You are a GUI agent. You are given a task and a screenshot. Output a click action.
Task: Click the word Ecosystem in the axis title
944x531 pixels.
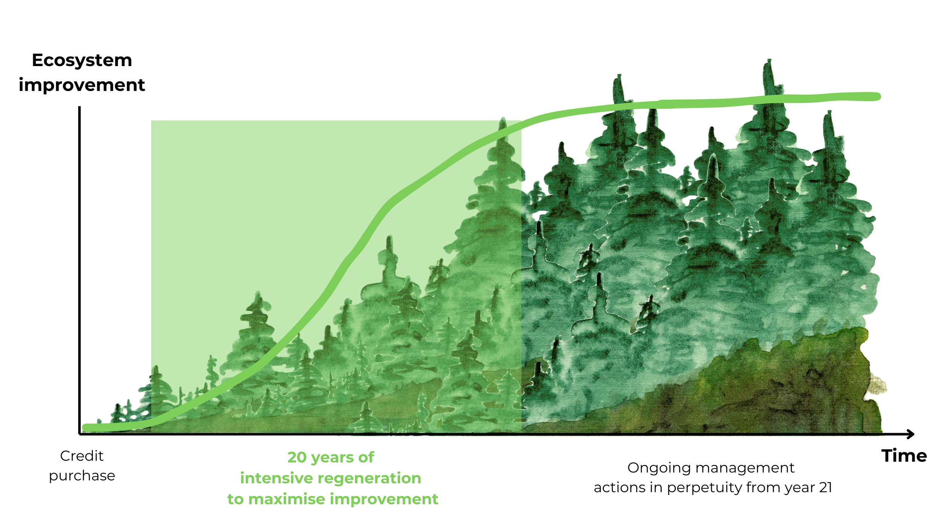pyautogui.click(x=82, y=60)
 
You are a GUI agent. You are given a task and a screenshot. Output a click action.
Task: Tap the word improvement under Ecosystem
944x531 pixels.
pyautogui.click(x=82, y=85)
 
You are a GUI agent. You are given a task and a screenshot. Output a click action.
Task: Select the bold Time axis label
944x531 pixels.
pyautogui.click(x=904, y=456)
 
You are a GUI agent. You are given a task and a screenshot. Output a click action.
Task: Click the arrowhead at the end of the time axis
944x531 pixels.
pyautogui.click(x=911, y=434)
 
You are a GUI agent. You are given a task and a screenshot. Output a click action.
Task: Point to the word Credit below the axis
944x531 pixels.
pyautogui.click(x=82, y=456)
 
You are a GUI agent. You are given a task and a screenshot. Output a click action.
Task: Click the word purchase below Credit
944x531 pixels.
pyautogui.click(x=82, y=476)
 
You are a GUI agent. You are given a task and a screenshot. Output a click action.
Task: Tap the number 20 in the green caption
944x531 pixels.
pyautogui.click(x=297, y=457)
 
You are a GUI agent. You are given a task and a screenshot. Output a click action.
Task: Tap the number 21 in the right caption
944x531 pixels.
pyautogui.click(x=825, y=488)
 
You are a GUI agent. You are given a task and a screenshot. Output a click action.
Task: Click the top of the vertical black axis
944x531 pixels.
pyautogui.click(x=79, y=108)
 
